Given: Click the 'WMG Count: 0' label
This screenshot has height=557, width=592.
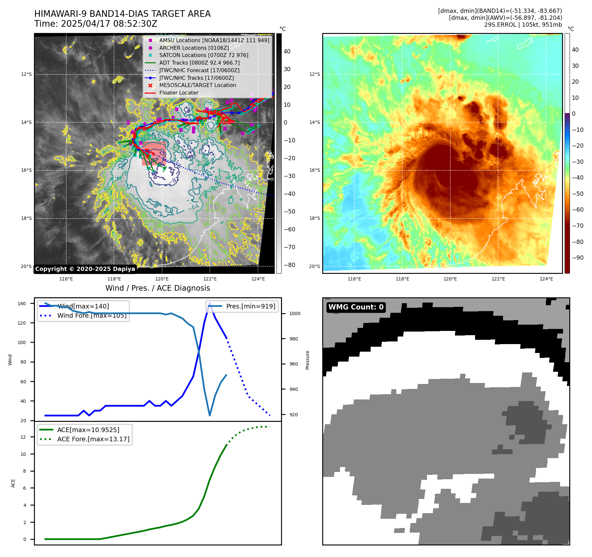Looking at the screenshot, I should point(356,307).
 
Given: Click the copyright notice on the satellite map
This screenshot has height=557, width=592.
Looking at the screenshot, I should point(85,269).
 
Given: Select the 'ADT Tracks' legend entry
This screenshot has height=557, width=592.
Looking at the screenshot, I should point(199,63).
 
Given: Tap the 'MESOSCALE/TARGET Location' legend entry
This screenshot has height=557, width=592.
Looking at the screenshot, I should point(197,85).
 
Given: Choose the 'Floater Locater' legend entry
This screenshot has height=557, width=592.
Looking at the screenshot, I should point(179,93).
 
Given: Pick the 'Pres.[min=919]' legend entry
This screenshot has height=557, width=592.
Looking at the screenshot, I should point(250,306).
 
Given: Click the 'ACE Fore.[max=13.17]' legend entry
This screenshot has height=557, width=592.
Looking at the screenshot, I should point(93,439).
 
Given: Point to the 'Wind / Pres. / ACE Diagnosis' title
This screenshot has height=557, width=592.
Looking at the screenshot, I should point(157,288).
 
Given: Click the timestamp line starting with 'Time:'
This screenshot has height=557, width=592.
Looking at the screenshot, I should point(96,24).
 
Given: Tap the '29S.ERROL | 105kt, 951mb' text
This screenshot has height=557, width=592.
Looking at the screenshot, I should point(523,25).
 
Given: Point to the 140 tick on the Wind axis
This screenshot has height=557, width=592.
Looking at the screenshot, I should point(22,304).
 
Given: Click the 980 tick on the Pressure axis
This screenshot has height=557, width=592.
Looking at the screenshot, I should point(295,339).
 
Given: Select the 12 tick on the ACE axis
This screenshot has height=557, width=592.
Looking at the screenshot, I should point(23,437).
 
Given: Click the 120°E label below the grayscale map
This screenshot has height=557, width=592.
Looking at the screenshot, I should point(162,279).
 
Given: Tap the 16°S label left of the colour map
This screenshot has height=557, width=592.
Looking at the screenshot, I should point(314,170).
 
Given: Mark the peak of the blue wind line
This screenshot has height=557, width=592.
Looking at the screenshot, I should point(210,303).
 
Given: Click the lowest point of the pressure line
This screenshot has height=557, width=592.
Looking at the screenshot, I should point(210,415).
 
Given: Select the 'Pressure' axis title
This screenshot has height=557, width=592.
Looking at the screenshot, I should point(307,360).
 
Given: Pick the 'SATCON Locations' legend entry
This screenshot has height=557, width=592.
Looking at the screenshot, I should point(204,55).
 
